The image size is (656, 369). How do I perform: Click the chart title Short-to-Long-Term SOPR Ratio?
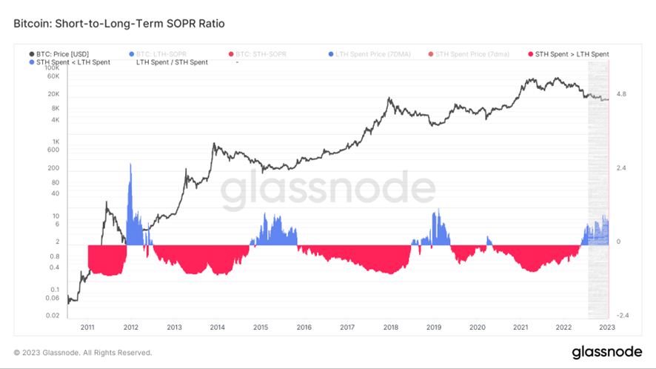click(119, 24)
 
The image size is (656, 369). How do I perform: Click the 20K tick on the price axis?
click(53, 94)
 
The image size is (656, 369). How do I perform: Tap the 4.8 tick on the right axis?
click(621, 94)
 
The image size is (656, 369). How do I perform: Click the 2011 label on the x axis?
click(87, 327)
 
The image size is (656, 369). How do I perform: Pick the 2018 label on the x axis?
click(391, 327)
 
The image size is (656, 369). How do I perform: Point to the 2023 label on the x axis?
click(609, 327)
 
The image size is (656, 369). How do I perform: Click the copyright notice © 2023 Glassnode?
click(83, 353)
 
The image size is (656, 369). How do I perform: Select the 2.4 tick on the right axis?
click(621, 168)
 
